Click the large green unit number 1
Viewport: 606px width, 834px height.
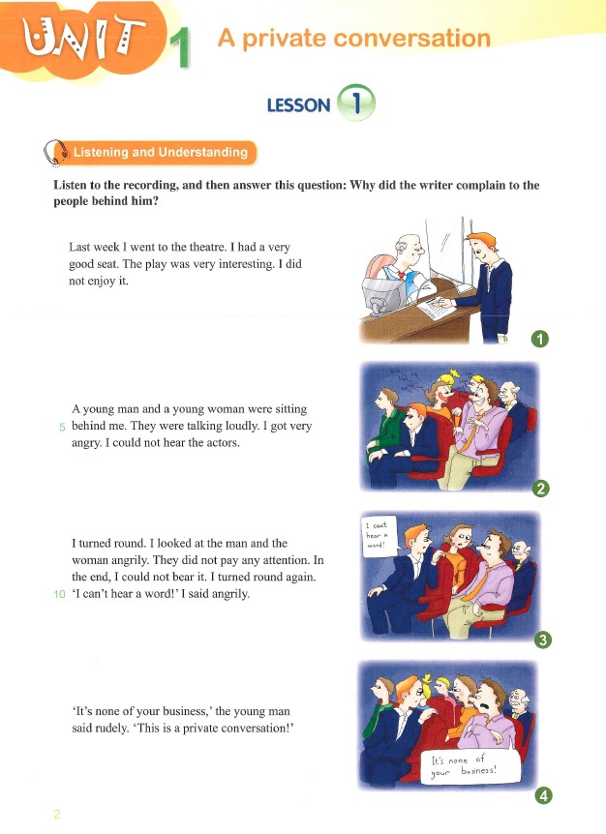pyautogui.click(x=181, y=49)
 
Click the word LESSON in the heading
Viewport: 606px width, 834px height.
pyautogui.click(x=298, y=105)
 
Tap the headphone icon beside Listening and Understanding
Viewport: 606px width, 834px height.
pyautogui.click(x=56, y=153)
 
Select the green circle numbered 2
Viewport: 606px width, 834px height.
pyautogui.click(x=540, y=489)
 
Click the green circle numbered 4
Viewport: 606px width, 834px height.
pyautogui.click(x=543, y=795)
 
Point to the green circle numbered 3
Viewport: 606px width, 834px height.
pyautogui.click(x=543, y=640)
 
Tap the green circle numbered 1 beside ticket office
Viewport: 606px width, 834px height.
pyautogui.click(x=540, y=339)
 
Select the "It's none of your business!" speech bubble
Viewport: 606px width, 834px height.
pyautogui.click(x=470, y=766)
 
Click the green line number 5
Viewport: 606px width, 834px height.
pyautogui.click(x=62, y=427)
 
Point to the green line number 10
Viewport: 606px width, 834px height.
pyautogui.click(x=60, y=594)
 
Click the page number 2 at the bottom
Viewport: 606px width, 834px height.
pyautogui.click(x=57, y=814)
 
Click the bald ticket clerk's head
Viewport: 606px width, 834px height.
pyautogui.click(x=409, y=248)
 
